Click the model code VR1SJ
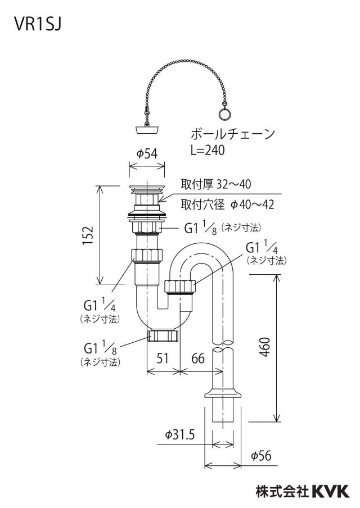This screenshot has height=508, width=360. (x=38, y=24)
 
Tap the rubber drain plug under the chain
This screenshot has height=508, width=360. (x=147, y=130)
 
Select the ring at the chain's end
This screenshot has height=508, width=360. (x=223, y=114)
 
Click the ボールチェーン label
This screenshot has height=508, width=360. (x=233, y=134)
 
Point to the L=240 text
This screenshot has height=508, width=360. (x=208, y=151)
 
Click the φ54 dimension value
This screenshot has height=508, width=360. (x=147, y=153)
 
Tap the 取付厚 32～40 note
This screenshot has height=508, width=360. (x=215, y=184)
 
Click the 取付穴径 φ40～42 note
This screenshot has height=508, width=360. (x=227, y=205)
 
